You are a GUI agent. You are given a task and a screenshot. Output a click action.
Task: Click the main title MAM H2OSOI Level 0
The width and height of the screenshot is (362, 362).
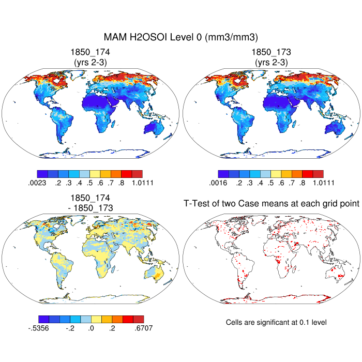click(180, 37)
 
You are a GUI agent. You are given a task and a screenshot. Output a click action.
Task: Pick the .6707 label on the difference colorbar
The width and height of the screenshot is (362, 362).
click(142, 327)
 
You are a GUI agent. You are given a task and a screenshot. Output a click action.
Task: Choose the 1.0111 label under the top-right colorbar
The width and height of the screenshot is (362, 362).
click(323, 183)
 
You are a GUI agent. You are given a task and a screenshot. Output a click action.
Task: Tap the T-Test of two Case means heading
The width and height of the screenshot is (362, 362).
click(271, 203)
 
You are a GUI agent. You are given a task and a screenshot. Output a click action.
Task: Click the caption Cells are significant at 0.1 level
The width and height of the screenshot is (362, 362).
click(276, 322)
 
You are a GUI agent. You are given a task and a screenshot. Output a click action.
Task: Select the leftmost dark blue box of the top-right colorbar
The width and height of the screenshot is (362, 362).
click(223, 174)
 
